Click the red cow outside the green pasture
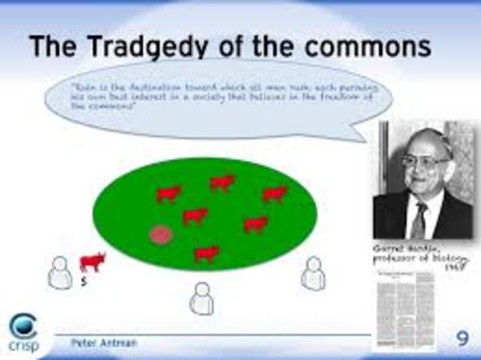92,262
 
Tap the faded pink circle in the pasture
161,234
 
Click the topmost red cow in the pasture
222,182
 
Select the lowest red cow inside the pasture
207,253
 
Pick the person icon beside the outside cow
60,272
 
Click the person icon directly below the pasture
201,298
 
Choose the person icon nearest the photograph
313,274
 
